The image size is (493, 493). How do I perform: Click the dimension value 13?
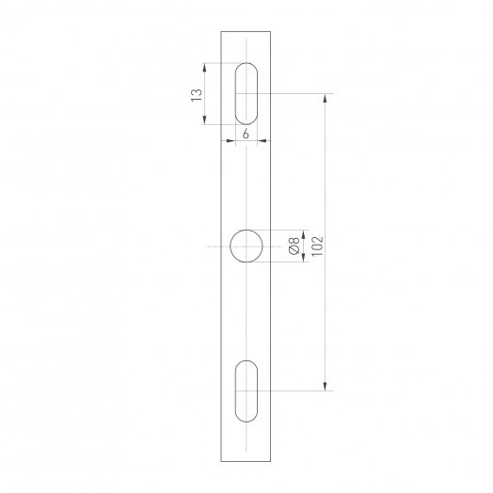tap(196, 94)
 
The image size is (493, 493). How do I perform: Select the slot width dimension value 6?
tap(246, 134)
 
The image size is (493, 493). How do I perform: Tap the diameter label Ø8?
tap(294, 246)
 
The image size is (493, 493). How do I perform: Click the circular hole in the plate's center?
tap(246, 246)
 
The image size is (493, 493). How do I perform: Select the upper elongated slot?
tap(246, 93)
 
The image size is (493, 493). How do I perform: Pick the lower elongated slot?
tap(246, 390)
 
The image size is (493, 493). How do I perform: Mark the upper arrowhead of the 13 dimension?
tap(205, 67)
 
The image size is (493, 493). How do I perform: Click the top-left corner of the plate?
tap(221, 31)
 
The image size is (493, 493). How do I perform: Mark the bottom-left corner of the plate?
tap(221, 461)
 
